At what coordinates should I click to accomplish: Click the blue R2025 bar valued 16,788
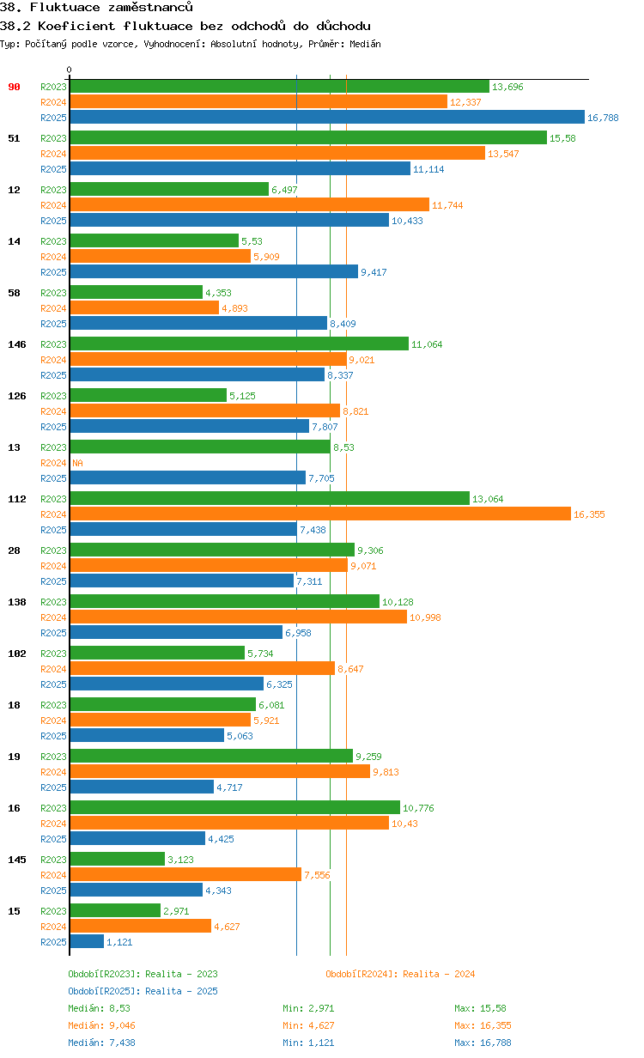coord(326,118)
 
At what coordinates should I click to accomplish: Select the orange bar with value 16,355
coord(319,514)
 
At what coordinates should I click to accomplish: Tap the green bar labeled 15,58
coord(307,137)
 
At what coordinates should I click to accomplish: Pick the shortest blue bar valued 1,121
coord(87,941)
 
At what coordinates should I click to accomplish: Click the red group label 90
coord(15,87)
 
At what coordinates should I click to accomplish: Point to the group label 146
coord(17,344)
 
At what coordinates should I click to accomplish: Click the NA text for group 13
coord(77,463)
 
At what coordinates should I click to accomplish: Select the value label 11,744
coord(447,205)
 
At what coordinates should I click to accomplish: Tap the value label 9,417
coord(374,272)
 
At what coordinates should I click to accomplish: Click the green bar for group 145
coord(117,859)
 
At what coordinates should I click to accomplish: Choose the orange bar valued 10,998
coord(238,617)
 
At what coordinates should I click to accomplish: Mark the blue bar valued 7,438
coord(183,529)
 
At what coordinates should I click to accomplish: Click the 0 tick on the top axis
coord(70,70)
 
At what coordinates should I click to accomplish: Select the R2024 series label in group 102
coord(53,669)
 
